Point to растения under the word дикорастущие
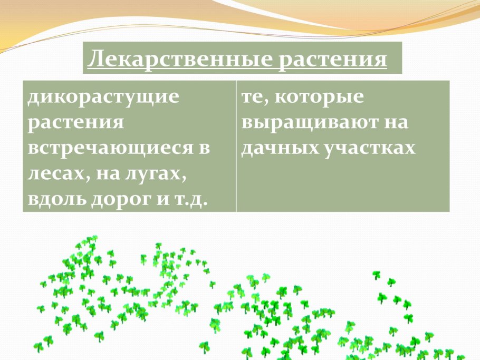pyautogui.click(x=76, y=123)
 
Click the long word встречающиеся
pyautogui.click(x=110, y=148)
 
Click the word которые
pyautogui.click(x=320, y=98)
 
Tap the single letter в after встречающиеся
pyautogui.click(x=204, y=148)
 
